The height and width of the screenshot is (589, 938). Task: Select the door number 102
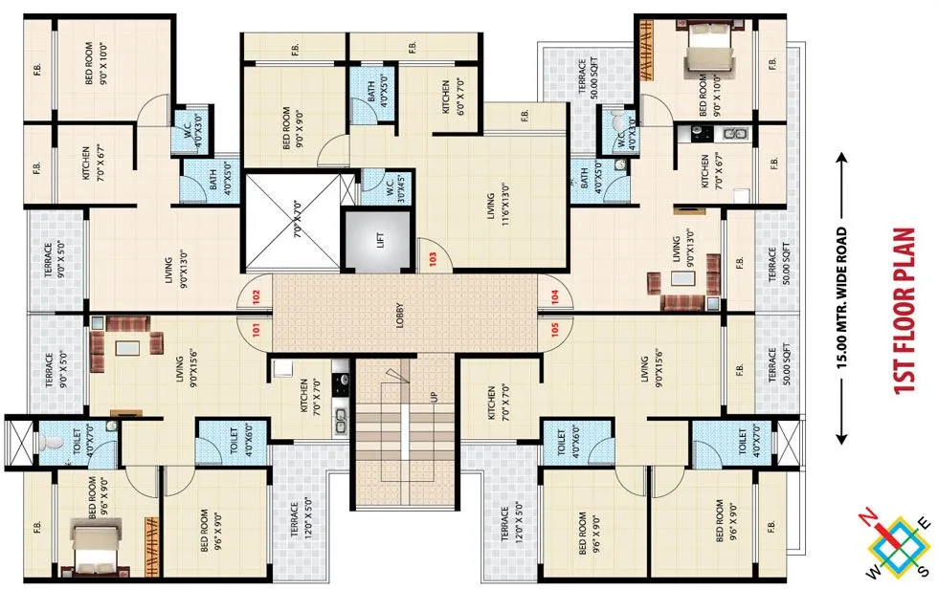[256, 295]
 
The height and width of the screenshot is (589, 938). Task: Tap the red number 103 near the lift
[433, 258]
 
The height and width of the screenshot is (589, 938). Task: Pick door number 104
[554, 295]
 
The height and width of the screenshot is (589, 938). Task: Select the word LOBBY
[400, 316]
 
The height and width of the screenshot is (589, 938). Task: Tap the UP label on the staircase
[434, 394]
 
